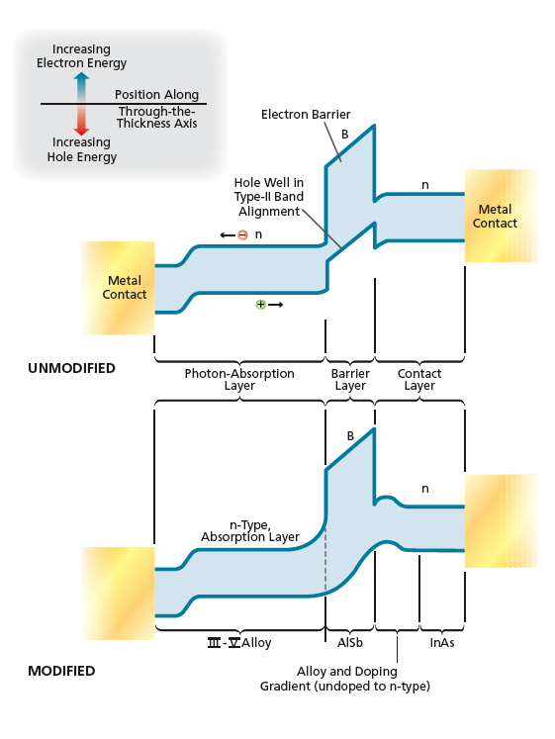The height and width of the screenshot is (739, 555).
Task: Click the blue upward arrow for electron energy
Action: (81, 87)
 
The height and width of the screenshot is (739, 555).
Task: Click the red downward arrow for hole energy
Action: (81, 120)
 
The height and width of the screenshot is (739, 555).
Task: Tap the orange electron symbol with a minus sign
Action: (242, 234)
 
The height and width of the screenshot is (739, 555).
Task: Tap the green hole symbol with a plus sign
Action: (260, 305)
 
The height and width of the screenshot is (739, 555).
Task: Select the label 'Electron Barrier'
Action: (306, 115)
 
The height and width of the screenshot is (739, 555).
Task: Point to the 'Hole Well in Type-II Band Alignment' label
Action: (268, 197)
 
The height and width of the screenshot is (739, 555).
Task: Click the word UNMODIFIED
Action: (71, 368)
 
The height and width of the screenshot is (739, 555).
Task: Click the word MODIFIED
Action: (61, 671)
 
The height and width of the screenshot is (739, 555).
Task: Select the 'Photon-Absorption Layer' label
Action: (239, 380)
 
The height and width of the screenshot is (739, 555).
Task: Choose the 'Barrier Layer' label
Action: (350, 380)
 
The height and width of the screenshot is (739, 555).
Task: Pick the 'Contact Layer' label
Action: (419, 380)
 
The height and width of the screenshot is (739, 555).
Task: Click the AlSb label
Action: (350, 643)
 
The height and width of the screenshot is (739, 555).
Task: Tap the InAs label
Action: (442, 643)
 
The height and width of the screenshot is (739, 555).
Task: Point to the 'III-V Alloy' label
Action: (239, 643)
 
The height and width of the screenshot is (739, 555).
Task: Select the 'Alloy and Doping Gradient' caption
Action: (345, 679)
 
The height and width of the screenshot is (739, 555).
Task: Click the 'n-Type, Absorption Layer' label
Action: (250, 531)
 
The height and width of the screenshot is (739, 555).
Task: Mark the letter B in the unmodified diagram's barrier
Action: (345, 135)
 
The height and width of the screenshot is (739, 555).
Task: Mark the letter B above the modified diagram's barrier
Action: (350, 436)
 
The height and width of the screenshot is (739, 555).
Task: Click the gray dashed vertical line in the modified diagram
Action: (325, 560)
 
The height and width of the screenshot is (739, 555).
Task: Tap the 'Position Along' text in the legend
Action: (157, 95)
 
